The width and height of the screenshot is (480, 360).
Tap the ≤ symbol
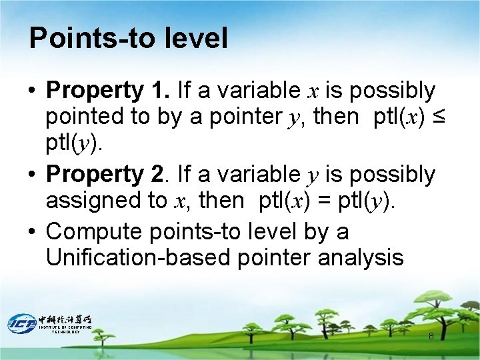437,117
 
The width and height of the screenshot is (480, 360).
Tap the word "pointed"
85,117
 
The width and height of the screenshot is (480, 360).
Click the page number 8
431,336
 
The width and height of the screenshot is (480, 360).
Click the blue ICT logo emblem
21,323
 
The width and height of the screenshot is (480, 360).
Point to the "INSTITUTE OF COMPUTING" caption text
65,327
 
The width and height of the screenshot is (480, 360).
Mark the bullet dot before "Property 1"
33,91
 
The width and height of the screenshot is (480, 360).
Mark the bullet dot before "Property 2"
33,175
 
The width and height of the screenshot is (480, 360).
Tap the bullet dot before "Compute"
33,232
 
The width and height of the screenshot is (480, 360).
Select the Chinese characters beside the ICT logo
65,319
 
